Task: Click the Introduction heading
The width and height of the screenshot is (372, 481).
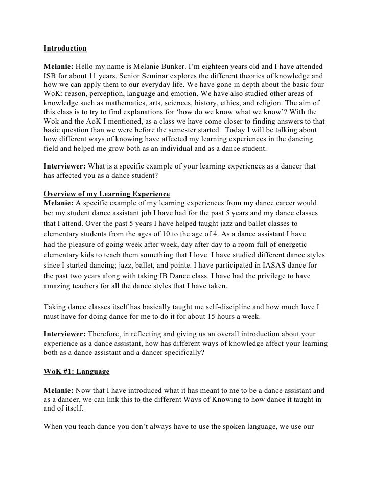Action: (x=65, y=49)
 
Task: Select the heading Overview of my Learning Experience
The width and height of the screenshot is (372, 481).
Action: (x=106, y=194)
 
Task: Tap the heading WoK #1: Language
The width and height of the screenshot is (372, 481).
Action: (x=76, y=371)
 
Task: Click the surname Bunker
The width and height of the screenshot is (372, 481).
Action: (x=185, y=67)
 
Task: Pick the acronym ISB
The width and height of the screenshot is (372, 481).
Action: (x=50, y=77)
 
